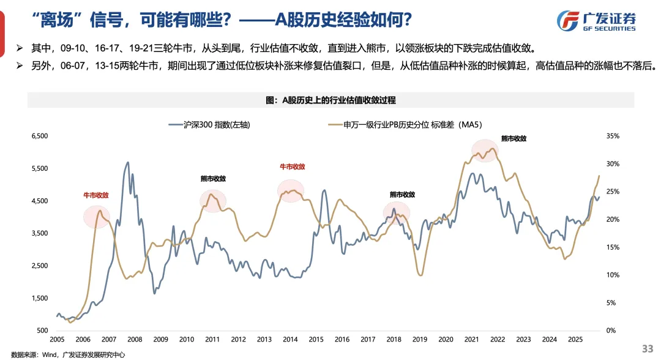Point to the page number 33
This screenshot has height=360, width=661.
point(647,348)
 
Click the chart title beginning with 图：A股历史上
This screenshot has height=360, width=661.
point(330,99)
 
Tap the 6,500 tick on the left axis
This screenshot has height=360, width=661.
point(39,136)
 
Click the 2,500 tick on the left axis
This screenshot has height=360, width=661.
point(39,266)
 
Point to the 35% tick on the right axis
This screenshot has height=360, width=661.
point(613,136)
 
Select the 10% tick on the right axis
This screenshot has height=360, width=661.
point(613,275)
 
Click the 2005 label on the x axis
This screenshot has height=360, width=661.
point(57,339)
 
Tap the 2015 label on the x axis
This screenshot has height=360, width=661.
point(316,339)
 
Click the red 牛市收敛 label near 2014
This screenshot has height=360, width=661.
point(292,166)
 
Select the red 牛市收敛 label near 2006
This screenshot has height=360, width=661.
point(96,195)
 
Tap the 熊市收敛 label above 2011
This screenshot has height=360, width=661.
point(213,179)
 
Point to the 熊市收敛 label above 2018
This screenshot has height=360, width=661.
point(402,194)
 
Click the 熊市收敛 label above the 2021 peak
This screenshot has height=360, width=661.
point(513,138)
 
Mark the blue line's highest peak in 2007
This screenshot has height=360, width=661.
point(127,163)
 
